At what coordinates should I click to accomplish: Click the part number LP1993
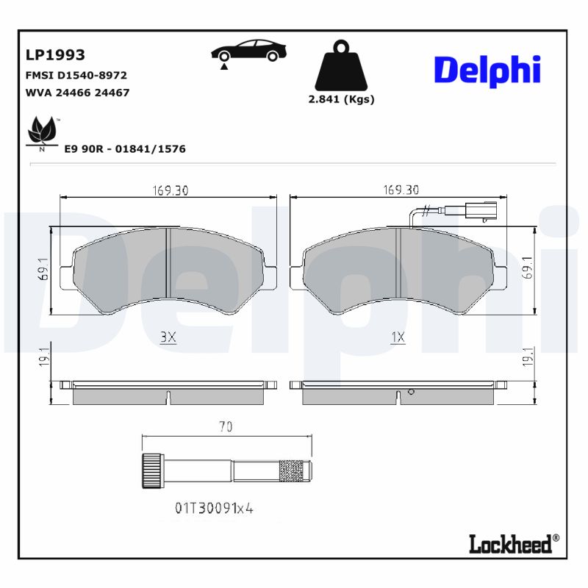click(x=55, y=55)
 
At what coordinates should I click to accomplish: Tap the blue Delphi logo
click(x=487, y=70)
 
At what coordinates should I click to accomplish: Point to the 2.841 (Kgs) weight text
click(x=341, y=99)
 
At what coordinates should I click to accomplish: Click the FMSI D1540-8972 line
click(x=76, y=75)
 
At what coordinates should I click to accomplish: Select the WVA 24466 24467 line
click(x=77, y=93)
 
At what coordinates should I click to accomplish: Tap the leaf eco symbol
click(x=42, y=133)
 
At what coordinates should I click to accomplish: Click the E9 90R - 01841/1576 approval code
click(x=124, y=148)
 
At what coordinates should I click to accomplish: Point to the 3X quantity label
click(x=168, y=337)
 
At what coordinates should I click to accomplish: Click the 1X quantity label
click(x=398, y=337)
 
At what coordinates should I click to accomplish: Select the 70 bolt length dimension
click(x=226, y=427)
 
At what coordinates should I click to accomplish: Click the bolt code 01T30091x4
click(x=214, y=507)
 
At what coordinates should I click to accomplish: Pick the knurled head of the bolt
click(x=151, y=469)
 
